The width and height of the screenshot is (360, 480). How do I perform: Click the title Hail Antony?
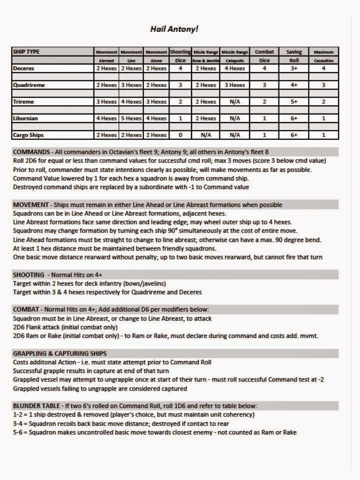click(174, 29)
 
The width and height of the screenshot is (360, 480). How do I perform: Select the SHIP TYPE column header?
click(26, 51)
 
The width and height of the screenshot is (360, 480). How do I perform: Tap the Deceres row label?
click(24, 68)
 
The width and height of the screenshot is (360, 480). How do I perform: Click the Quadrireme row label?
click(29, 85)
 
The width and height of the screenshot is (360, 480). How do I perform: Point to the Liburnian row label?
click(26, 118)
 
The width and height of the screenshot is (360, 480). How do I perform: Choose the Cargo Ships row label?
click(29, 135)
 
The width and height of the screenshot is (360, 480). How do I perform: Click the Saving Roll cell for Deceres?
click(294, 68)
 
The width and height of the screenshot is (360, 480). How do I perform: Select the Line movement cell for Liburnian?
click(131, 118)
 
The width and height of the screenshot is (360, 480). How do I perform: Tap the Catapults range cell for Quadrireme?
click(234, 85)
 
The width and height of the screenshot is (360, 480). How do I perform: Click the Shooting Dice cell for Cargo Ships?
click(180, 135)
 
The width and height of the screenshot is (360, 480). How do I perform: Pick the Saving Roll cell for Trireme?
click(294, 102)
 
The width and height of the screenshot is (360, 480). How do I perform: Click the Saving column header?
click(294, 51)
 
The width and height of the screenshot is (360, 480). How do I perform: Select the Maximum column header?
click(323, 51)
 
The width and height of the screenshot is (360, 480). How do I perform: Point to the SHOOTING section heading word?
click(28, 274)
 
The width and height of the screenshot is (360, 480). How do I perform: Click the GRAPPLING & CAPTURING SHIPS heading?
click(59, 353)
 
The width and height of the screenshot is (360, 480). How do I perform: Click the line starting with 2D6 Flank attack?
click(69, 327)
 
